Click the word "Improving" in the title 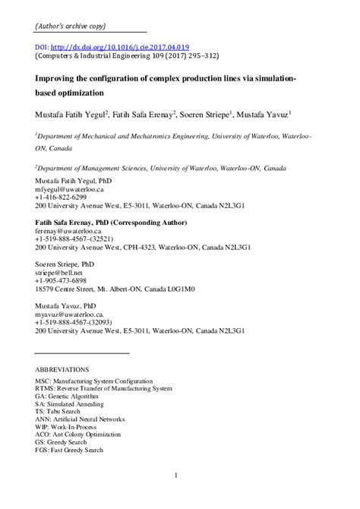pyautogui.click(x=57, y=78)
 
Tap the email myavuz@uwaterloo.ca pyautogui.click(x=69, y=313)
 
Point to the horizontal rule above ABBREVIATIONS pyautogui.click(x=83, y=353)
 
